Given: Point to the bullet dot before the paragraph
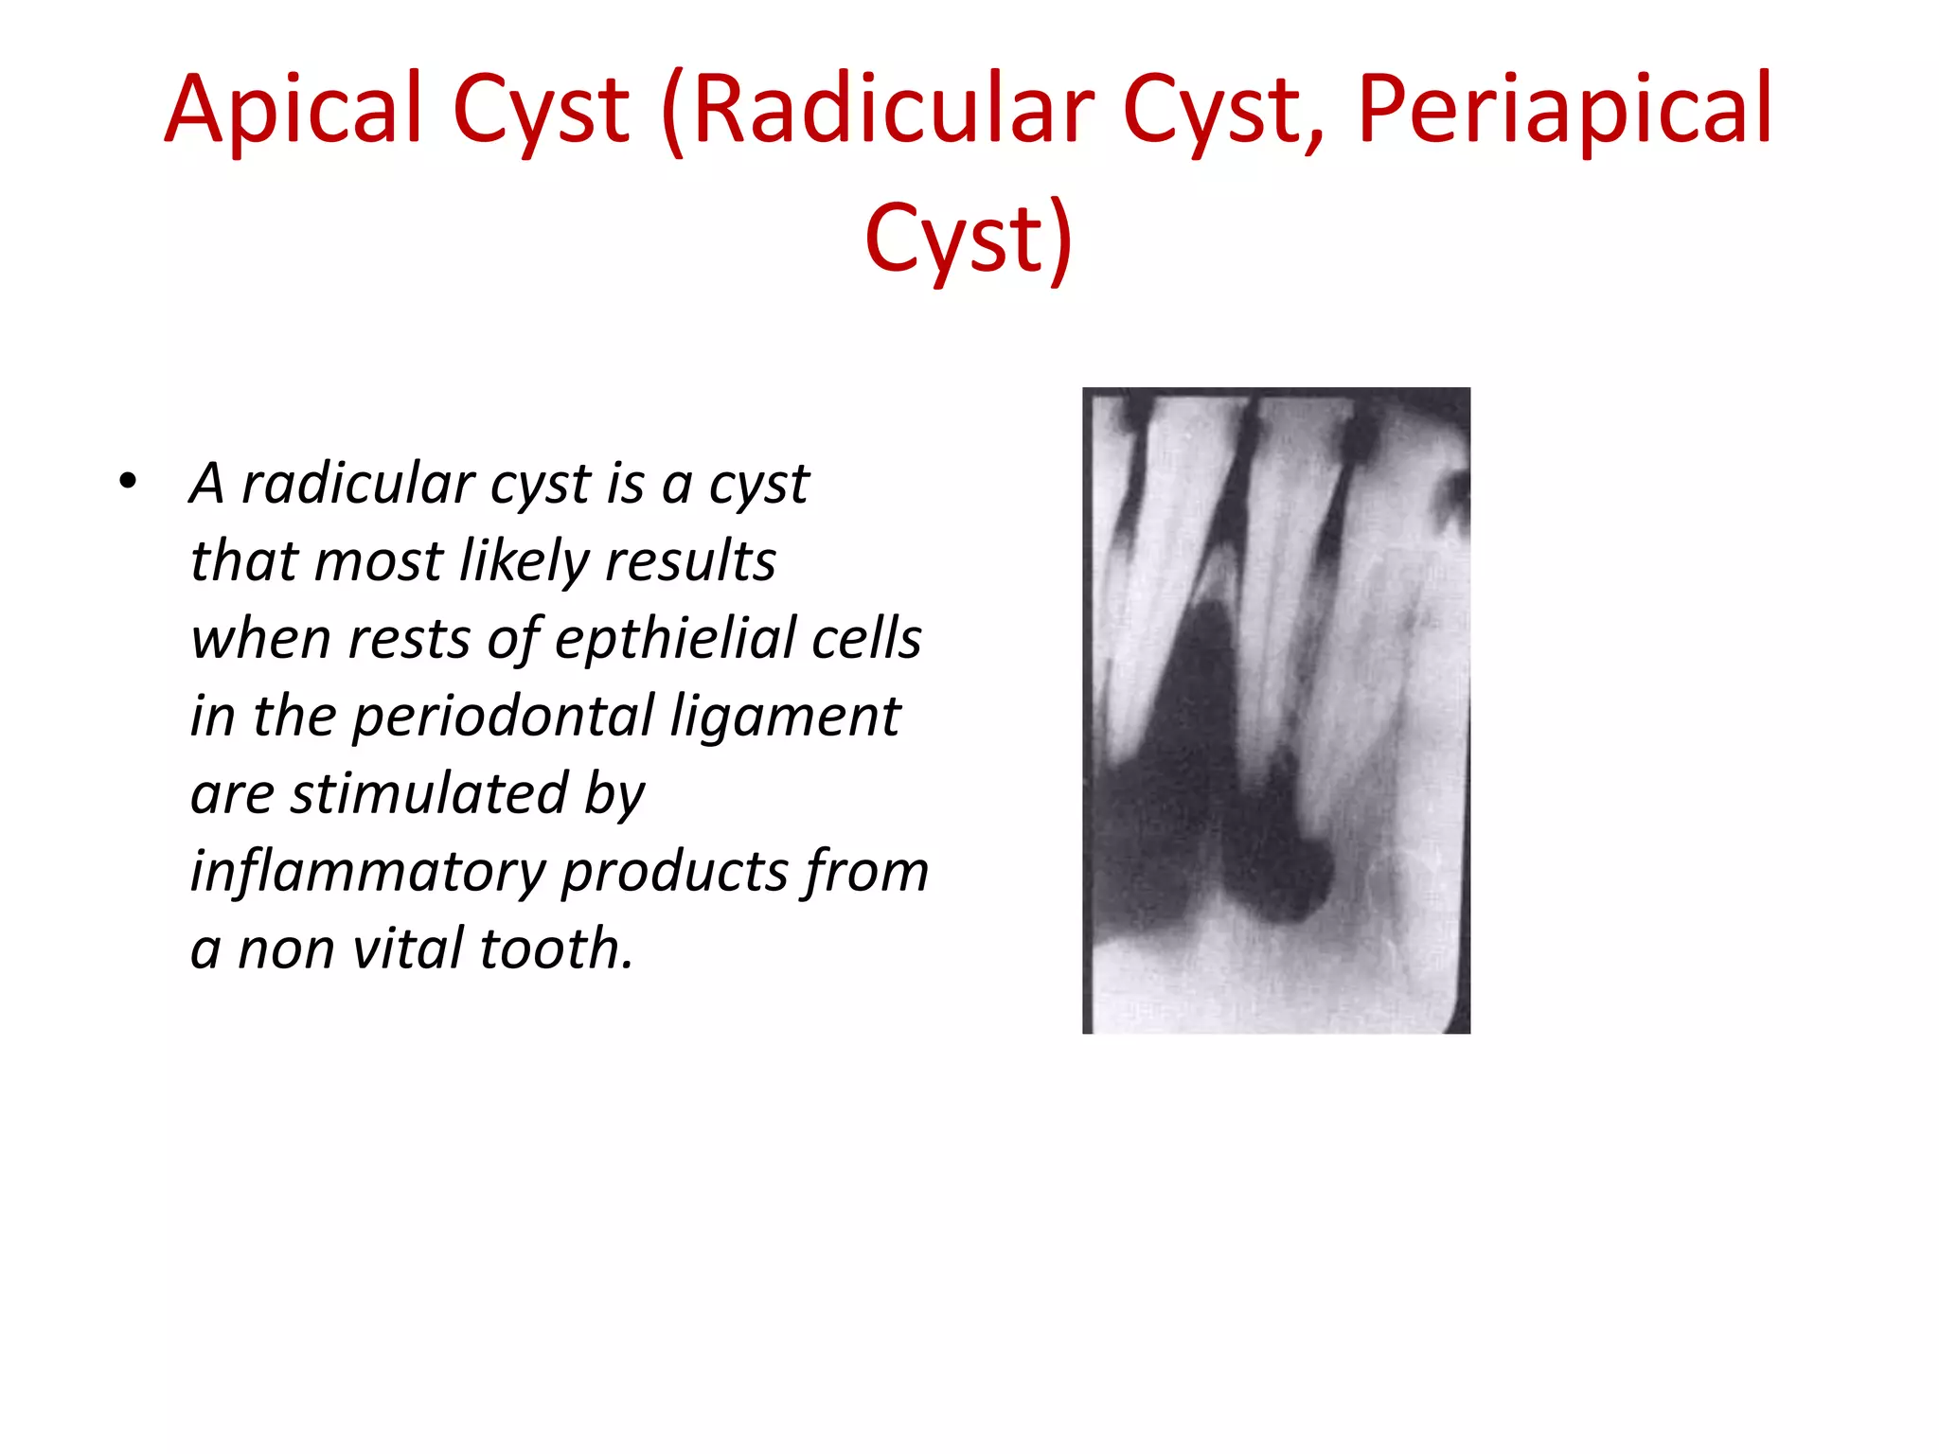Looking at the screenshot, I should click(128, 483).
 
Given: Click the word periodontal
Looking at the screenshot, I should click(503, 717).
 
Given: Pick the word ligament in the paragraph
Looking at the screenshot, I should click(785, 717).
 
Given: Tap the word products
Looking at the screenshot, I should click(675, 872).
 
